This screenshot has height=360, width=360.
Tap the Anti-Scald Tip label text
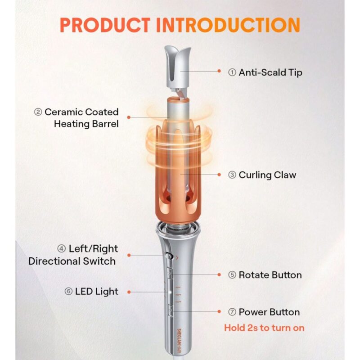click(270, 72)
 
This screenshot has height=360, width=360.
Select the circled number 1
click(232, 72)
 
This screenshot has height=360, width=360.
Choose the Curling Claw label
click(267, 175)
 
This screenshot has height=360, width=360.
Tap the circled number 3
click(232, 175)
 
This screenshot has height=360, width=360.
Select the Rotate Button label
click(270, 275)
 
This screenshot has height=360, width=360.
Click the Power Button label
click(269, 312)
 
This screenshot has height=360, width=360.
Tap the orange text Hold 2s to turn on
click(264, 328)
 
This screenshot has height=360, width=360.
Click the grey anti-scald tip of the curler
click(180, 63)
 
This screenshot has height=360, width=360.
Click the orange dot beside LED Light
click(128, 292)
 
